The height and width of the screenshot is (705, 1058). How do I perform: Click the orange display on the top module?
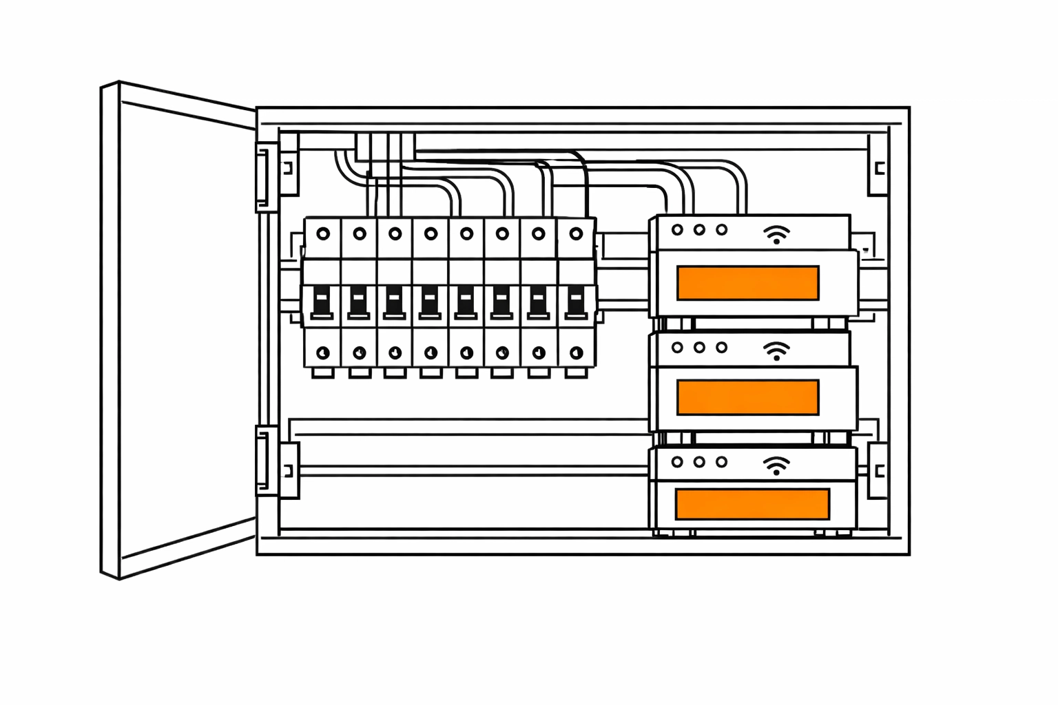pos(748,283)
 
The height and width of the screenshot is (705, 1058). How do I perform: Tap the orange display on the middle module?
pos(748,397)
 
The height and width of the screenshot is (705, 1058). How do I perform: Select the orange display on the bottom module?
pos(752,504)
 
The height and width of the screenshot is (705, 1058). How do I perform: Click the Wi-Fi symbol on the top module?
pos(776,235)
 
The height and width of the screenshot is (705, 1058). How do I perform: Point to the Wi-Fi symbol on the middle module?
pos(776,351)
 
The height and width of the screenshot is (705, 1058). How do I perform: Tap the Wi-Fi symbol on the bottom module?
pos(776,466)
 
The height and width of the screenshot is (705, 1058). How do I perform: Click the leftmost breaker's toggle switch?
pos(322,302)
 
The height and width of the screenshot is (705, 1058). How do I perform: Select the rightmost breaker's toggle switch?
pos(575,302)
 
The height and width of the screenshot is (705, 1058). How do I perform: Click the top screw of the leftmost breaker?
pos(323,234)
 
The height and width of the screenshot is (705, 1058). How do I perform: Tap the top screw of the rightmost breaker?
pos(576,234)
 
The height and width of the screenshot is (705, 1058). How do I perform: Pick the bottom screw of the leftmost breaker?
pos(322,353)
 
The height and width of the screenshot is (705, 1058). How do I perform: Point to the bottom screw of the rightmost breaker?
pos(576,353)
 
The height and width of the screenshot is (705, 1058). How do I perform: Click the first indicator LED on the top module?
pos(677,230)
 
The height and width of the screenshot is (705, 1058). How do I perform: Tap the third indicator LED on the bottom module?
pos(721,462)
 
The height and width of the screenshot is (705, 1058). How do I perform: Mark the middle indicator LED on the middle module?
pos(699,348)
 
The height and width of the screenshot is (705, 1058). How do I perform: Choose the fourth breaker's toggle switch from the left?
pos(429,302)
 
